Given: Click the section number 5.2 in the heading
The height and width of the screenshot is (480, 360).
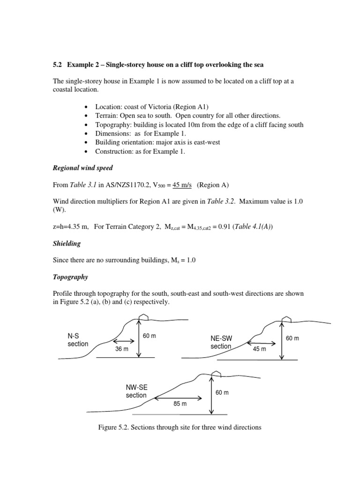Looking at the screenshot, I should coord(59,64).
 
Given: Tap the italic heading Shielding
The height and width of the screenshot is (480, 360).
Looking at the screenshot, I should coord(67,243).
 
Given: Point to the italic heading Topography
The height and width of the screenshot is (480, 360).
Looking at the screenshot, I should coord(71,277).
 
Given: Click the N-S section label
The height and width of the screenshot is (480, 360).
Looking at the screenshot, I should coord(77,340).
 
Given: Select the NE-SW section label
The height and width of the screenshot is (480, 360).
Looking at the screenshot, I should coord(221,342).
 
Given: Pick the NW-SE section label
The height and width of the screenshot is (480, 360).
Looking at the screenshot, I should coord(136,391).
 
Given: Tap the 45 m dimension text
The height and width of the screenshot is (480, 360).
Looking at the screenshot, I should coord(259,349).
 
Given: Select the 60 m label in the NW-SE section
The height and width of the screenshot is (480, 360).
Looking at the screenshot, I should coord(222,392).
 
